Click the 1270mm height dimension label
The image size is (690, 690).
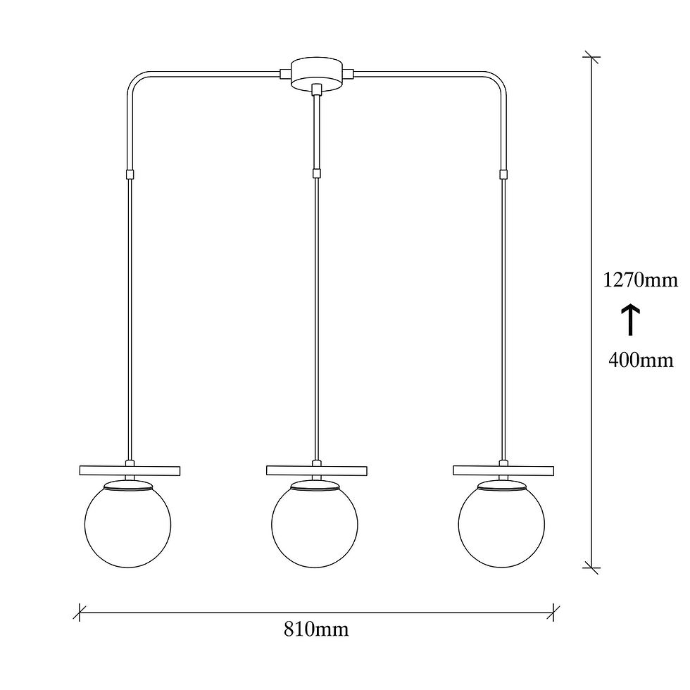click(x=640, y=280)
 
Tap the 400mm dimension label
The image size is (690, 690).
click(x=641, y=360)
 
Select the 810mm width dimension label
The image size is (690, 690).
click(x=316, y=629)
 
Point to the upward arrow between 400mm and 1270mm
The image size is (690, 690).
click(x=630, y=320)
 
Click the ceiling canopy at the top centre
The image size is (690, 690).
click(x=316, y=74)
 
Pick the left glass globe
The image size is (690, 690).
click(x=127, y=524)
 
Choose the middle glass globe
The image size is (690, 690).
click(x=315, y=524)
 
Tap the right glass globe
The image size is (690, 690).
click(x=501, y=524)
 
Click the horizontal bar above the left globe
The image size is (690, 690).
click(x=130, y=470)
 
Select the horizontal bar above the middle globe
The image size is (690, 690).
click(x=317, y=470)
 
